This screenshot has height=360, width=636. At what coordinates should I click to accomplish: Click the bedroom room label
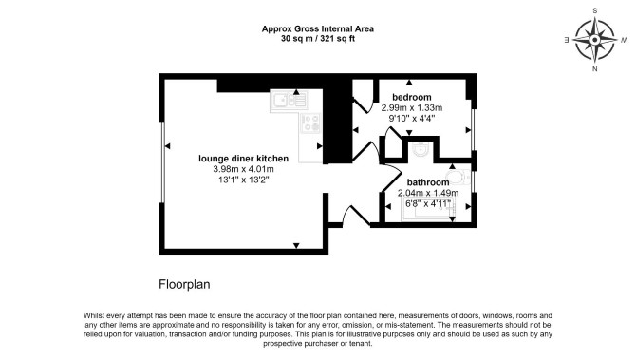tap(411, 98)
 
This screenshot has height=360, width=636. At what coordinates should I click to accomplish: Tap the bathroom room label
tap(428, 182)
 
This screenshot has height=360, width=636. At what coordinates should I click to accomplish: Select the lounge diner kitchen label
tap(243, 159)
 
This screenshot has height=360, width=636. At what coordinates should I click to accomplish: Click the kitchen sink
tap(290, 101)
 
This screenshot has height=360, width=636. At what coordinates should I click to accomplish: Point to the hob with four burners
tap(311, 123)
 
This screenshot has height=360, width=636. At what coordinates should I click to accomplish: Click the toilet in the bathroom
tap(459, 178)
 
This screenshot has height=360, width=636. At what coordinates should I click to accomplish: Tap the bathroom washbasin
tap(421, 150)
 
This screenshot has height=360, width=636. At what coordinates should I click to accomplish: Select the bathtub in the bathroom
tap(428, 209)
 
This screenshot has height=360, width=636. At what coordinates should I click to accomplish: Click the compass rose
tap(594, 40)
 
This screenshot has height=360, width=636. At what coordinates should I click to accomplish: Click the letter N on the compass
tap(594, 69)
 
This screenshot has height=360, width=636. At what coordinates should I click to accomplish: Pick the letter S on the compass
tap(595, 11)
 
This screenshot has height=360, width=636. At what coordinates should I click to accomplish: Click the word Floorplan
tap(184, 284)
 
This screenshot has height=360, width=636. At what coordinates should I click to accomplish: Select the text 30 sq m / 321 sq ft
tap(318, 39)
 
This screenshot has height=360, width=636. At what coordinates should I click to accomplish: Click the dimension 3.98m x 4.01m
tap(243, 169)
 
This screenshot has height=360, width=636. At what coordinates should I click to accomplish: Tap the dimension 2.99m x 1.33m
tap(412, 108)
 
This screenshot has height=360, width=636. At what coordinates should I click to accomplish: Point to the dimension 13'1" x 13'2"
tap(243, 180)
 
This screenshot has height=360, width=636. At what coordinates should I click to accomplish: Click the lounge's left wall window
tap(161, 161)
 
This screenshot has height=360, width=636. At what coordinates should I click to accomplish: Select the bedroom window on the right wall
tap(475, 129)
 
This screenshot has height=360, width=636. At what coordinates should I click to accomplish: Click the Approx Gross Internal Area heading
tap(318, 28)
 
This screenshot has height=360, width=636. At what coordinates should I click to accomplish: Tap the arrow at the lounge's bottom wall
tap(296, 246)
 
